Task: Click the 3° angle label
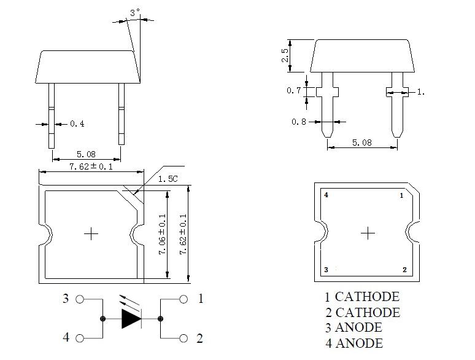pos(135,12)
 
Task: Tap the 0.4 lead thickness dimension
pos(77,124)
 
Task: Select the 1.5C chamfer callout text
pos(168,179)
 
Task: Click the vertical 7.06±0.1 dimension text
pos(163,236)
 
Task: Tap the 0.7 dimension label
pos(294,91)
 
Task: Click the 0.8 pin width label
pos(299,122)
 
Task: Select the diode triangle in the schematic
pos(132,319)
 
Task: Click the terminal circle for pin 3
pos(79,300)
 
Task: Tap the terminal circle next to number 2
pos(183,338)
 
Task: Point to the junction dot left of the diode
pos(102,319)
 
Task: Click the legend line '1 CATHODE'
pos(362,297)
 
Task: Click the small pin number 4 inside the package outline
pos(326,195)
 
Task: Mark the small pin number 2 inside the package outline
pos(404,270)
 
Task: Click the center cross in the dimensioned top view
pos(91,233)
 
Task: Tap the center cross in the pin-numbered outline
pos(368,233)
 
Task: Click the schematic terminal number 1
pos(200,300)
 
